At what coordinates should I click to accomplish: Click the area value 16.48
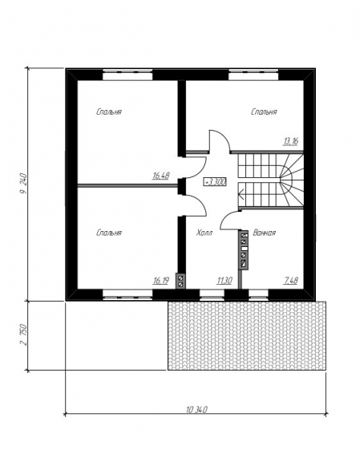tap(161, 176)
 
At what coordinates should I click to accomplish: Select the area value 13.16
tap(290, 141)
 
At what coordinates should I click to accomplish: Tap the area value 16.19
tap(160, 281)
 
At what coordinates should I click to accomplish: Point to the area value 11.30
tap(224, 281)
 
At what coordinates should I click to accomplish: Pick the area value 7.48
tap(290, 281)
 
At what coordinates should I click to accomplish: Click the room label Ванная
tap(265, 233)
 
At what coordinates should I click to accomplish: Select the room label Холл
tap(204, 233)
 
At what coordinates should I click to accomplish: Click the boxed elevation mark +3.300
tap(216, 182)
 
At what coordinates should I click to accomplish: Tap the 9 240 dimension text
tap(23, 184)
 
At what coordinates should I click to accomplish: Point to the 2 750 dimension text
tap(23, 335)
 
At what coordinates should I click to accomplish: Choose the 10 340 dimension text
tap(196, 409)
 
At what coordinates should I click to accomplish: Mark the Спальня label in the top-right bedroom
tap(264, 111)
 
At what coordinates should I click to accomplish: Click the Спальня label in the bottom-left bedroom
tap(109, 233)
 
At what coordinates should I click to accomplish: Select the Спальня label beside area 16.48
tap(109, 111)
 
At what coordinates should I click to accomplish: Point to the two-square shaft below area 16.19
tap(180, 281)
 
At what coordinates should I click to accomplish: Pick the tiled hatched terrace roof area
tap(247, 335)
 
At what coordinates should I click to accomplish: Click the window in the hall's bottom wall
tap(212, 294)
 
